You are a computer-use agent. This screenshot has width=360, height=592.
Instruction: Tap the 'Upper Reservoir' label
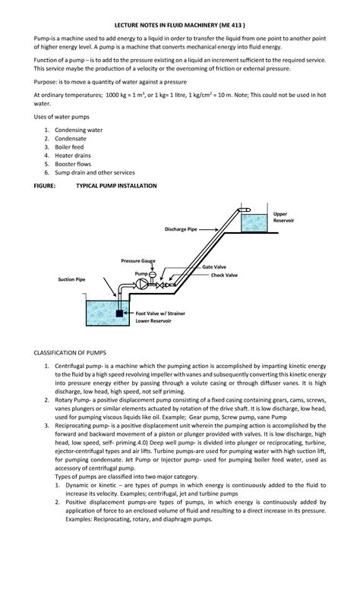283,217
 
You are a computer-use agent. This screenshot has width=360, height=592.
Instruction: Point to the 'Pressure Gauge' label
138,260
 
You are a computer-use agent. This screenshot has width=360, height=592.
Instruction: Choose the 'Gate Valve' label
213,268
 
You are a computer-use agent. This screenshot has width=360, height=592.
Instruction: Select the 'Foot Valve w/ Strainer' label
160,313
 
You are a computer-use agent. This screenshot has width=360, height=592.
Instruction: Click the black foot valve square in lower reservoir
119,313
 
